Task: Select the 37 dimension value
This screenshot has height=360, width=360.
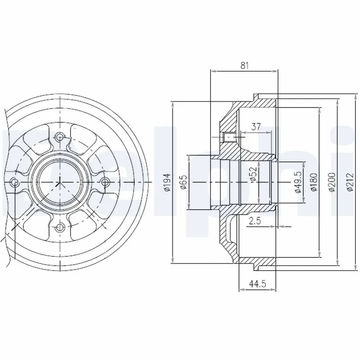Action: pos(256,127)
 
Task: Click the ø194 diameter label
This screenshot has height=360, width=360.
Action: pos(166,182)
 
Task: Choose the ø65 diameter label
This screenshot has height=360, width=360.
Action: pos(183,182)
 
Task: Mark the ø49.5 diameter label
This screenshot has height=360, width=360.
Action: pos(298,182)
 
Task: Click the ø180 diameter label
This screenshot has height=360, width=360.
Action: pos(314,182)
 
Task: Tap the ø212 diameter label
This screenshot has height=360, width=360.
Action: pos(351,182)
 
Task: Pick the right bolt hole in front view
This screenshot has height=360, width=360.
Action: pos(105,182)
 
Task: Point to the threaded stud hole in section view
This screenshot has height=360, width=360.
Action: pos(228,136)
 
